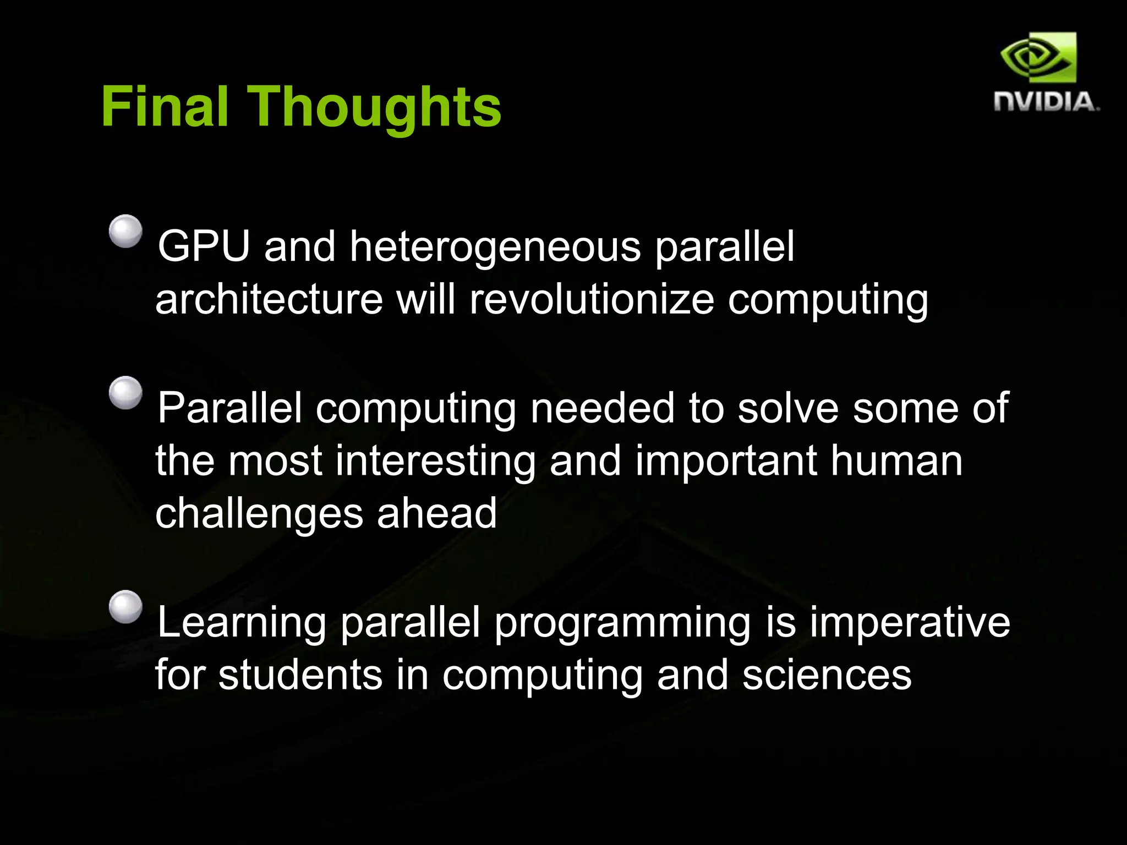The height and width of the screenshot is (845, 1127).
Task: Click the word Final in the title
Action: tap(165, 107)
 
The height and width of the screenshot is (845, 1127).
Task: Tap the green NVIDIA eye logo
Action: tap(1038, 57)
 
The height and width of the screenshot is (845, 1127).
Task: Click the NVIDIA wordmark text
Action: tap(1046, 102)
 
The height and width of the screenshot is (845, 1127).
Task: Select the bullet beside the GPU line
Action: tap(125, 231)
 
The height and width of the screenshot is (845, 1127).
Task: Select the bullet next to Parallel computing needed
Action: tap(125, 393)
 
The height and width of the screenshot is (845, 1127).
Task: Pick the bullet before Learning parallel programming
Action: tap(125, 607)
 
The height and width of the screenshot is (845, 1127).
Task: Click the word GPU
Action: tap(204, 246)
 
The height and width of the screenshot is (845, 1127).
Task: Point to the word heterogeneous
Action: tap(495, 248)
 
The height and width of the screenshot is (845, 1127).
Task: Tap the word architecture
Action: tap(269, 300)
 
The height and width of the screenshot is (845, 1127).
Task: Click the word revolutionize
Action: tap(592, 300)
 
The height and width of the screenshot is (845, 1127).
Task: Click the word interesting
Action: tap(435, 461)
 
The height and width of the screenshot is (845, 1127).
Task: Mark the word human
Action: tap(896, 461)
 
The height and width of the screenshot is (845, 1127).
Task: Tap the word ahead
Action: tap(436, 513)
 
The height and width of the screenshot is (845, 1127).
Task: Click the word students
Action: tap(300, 675)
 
